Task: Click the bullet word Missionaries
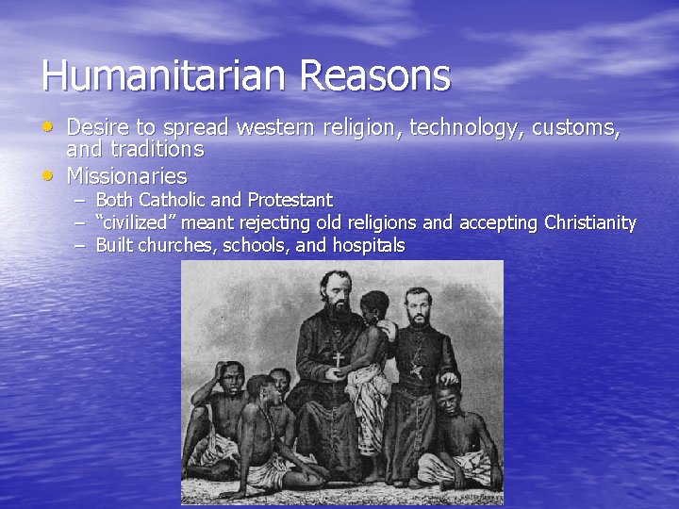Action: pyautogui.click(x=126, y=175)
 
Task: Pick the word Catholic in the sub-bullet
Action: pyautogui.click(x=172, y=200)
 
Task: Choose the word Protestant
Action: pyautogui.click(x=290, y=200)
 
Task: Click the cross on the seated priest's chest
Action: pyautogui.click(x=337, y=359)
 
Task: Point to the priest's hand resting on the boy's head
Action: pyautogui.click(x=449, y=378)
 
